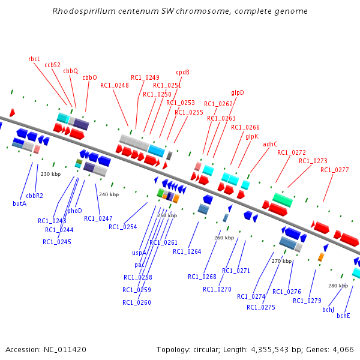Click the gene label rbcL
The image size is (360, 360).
click(x=34, y=59)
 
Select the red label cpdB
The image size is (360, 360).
click(x=182, y=72)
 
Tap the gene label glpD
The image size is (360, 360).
click(x=238, y=92)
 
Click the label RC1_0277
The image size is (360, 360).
click(x=334, y=170)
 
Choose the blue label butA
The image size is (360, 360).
click(x=20, y=203)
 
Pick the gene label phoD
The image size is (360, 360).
click(x=74, y=211)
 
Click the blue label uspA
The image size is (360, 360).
click(x=139, y=253)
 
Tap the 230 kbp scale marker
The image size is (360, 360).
click(x=51, y=174)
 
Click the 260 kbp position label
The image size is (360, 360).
click(x=224, y=238)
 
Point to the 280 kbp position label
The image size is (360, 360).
click(x=338, y=286)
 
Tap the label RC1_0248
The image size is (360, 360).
click(x=114, y=85)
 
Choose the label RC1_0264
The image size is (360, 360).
click(x=187, y=251)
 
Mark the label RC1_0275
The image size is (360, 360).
click(x=260, y=307)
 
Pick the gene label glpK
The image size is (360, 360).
click(x=252, y=136)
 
